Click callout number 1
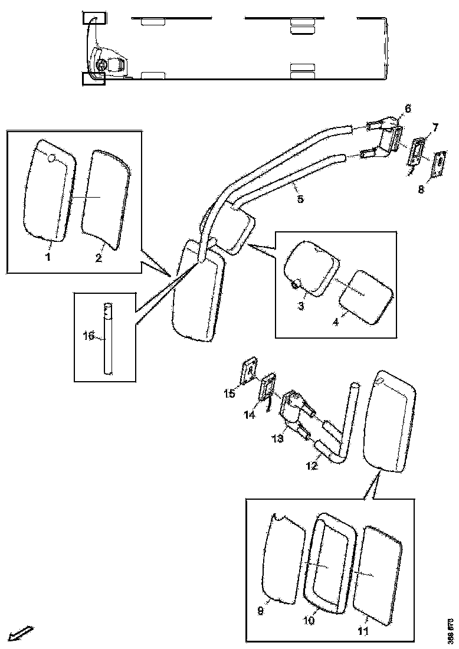[48, 257]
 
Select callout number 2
[99, 258]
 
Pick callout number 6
[407, 109]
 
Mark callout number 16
[88, 336]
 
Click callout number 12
[312, 466]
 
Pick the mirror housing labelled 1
[49, 189]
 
